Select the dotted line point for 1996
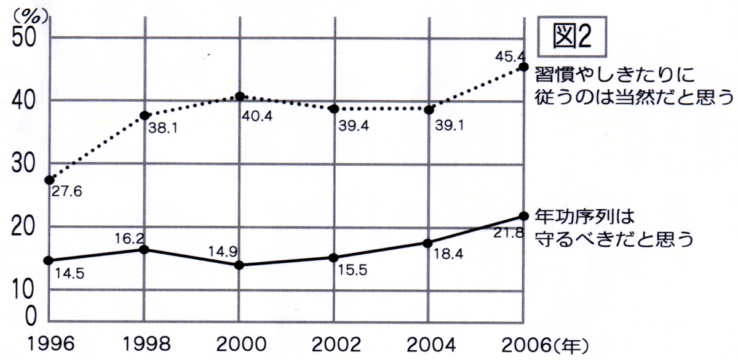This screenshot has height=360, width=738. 49,180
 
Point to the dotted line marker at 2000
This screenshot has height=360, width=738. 240,97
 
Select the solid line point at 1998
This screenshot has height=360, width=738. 145,249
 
